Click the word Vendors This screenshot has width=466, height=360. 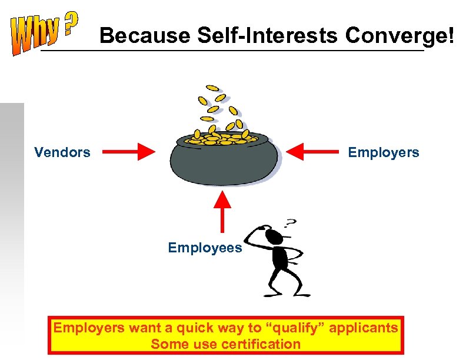tap(62, 153)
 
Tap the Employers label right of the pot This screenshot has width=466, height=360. tap(383, 153)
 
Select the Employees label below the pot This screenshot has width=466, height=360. tap(205, 248)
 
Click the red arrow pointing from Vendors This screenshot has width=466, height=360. tap(129, 153)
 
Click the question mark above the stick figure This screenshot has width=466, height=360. tap(290, 224)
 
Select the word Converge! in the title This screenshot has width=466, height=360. tap(400, 36)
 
